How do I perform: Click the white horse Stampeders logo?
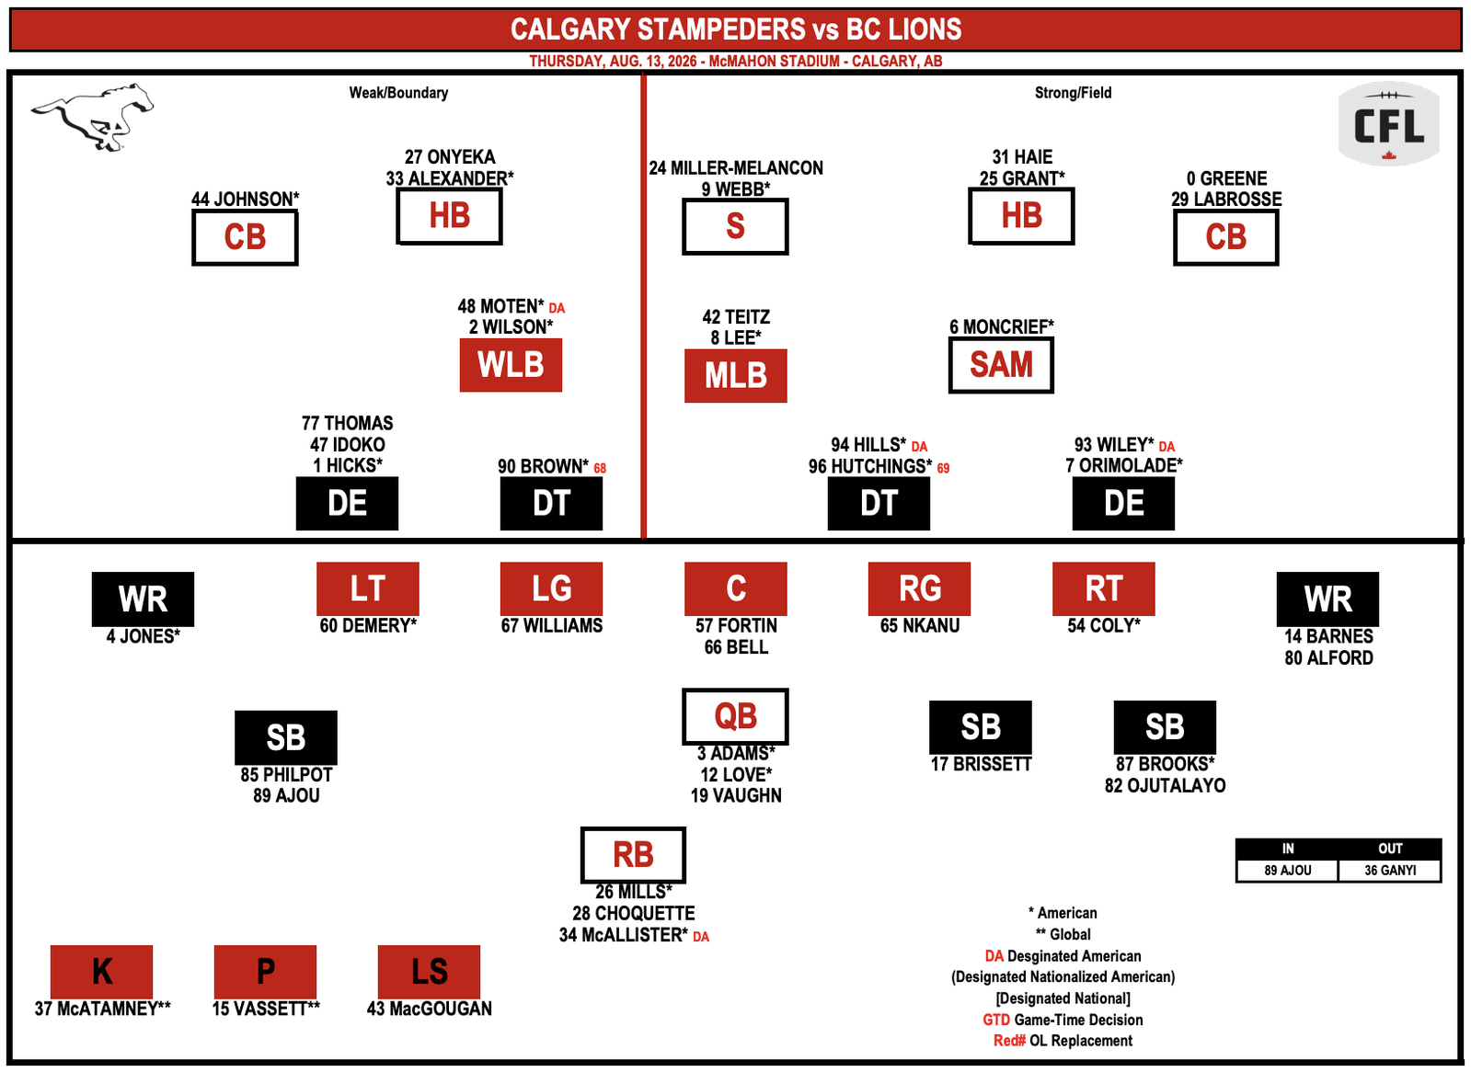point(92,117)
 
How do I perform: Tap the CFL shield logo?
point(1389,123)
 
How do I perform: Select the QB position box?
point(736,716)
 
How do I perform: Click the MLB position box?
point(736,376)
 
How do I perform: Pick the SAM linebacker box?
point(1002,365)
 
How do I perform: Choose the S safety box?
point(736,226)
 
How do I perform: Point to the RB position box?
point(634,855)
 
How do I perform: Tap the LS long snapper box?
point(429,972)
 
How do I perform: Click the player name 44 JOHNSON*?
point(245,199)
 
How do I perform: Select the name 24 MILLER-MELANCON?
point(736,168)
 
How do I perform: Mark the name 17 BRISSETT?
point(981,764)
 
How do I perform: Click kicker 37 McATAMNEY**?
point(102,1009)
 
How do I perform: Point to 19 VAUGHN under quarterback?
point(736,795)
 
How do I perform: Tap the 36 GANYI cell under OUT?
point(1390,871)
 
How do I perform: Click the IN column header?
point(1288,849)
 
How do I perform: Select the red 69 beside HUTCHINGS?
point(943,469)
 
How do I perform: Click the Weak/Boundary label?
point(398,93)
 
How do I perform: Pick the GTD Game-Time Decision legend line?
point(1063,1020)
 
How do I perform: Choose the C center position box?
point(736,588)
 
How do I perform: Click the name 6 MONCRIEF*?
point(1002,327)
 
